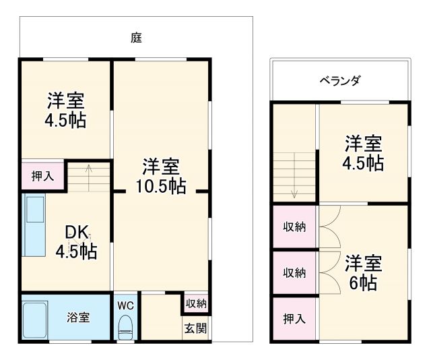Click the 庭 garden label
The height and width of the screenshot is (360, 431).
[136, 38]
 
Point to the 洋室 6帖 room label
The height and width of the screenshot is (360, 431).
[364, 272]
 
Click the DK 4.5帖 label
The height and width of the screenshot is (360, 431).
[76, 242]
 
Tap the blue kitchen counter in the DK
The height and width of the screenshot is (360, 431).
[34, 225]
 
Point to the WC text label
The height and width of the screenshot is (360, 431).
[125, 305]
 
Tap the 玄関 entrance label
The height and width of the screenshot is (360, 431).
[196, 329]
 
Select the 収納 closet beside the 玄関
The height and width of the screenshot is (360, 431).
[196, 303]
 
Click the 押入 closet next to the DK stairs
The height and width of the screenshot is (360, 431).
[42, 176]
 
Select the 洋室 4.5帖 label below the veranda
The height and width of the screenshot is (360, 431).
[364, 153]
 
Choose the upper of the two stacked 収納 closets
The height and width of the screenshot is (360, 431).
[294, 227]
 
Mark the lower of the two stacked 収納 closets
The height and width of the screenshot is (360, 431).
[294, 273]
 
